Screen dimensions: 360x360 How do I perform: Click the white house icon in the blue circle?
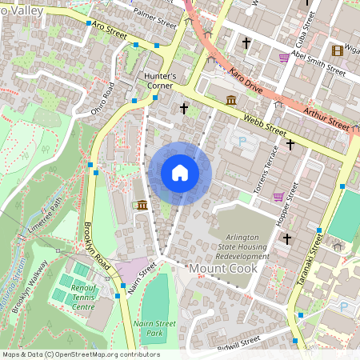point(180,173)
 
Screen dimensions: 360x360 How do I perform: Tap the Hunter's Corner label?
point(159,81)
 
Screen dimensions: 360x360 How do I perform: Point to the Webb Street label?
point(264,124)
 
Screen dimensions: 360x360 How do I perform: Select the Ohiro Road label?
point(103,98)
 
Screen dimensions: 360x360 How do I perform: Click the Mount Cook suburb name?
point(222,269)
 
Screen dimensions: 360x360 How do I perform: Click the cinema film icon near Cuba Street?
point(337,50)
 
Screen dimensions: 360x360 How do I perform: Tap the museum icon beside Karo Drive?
point(231,100)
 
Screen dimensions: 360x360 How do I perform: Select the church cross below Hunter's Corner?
point(184,108)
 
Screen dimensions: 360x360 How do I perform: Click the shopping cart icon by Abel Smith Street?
point(284,58)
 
